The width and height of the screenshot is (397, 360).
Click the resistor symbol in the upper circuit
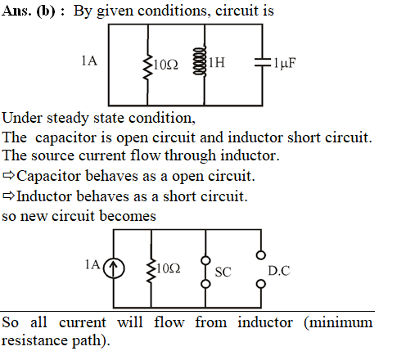click(147, 67)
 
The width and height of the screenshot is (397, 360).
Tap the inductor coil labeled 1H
click(200, 61)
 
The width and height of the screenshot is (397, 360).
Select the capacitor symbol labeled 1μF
click(263, 62)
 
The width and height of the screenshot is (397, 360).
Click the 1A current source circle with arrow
click(114, 268)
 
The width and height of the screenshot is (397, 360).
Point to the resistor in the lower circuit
click(151, 270)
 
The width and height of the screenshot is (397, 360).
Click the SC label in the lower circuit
click(223, 272)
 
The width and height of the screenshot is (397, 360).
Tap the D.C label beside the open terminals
click(279, 271)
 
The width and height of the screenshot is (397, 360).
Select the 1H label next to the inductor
click(217, 62)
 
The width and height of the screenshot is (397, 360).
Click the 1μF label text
click(285, 63)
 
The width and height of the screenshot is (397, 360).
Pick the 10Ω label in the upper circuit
click(165, 65)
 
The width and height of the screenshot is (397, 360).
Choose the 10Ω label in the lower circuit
click(168, 268)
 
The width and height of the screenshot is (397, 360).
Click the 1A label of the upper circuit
click(89, 61)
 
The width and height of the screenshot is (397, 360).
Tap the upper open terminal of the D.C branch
click(261, 255)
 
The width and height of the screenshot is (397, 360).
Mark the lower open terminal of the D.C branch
click(261, 284)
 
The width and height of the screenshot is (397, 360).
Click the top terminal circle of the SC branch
click(205, 260)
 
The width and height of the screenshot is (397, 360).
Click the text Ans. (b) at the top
click(28, 11)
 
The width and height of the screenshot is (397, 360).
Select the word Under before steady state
click(23, 118)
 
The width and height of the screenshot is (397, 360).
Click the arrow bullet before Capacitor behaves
click(8, 175)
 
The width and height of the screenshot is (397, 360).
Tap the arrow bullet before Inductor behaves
click(8, 196)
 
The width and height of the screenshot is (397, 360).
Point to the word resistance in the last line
click(34, 340)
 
